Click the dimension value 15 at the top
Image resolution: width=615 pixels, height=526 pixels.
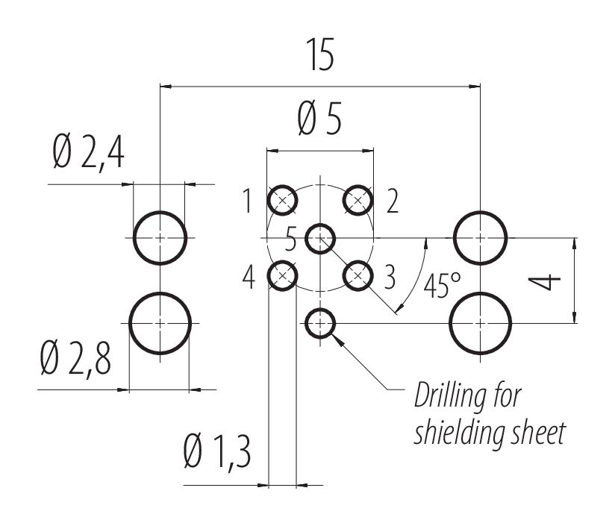(320, 55)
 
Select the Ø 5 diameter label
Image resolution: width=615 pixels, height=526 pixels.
(319, 119)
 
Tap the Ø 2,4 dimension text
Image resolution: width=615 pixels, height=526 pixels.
(89, 151)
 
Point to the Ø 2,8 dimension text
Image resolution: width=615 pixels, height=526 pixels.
(75, 358)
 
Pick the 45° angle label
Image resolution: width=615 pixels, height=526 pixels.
(442, 286)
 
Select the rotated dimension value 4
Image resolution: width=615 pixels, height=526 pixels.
(545, 281)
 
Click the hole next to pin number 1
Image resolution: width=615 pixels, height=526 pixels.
(282, 200)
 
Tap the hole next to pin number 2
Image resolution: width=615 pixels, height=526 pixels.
(358, 200)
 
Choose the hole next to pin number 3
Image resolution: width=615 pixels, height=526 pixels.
(358, 275)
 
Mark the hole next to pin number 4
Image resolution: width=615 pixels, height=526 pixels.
(282, 275)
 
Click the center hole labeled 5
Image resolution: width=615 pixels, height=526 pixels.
(320, 238)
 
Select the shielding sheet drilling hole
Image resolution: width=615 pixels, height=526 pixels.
(320, 323)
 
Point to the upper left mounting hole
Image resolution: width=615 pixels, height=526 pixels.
(160, 238)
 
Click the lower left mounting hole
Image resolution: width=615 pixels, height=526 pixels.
(160, 323)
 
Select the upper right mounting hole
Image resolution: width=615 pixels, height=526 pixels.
(481, 238)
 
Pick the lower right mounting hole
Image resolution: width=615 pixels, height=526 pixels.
(481, 323)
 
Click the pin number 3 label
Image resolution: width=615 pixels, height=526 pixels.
(390, 277)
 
